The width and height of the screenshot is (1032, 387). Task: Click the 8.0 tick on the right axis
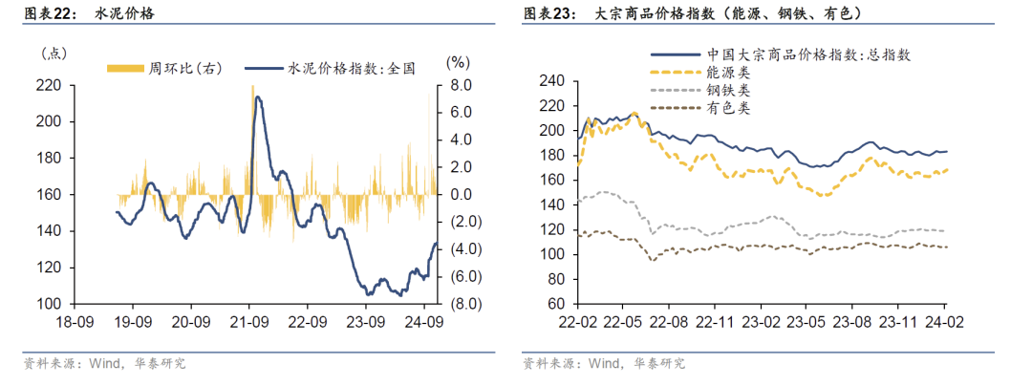point(461,86)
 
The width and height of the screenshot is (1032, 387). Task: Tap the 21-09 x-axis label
point(248,322)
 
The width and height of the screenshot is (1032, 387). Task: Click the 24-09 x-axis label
point(421,322)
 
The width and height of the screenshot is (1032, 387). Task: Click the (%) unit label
point(459,62)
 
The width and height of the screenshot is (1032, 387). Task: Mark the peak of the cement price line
point(256,97)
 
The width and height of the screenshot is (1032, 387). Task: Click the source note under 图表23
point(604,364)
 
